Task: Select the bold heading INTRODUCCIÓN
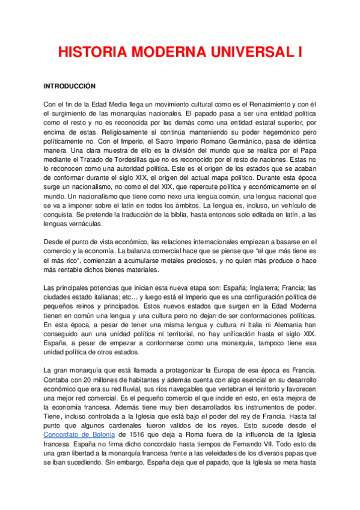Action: pos(70,87)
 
